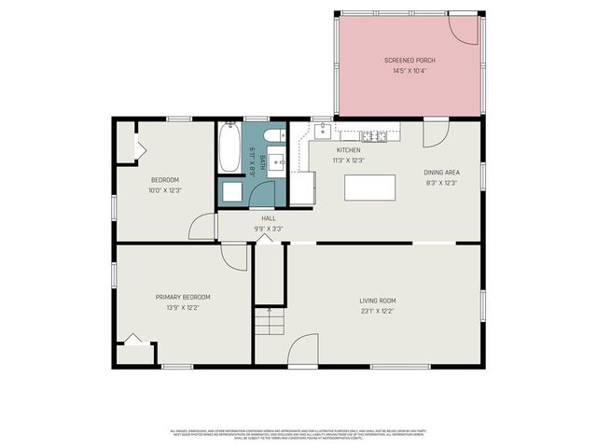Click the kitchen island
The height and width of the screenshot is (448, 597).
[370, 188]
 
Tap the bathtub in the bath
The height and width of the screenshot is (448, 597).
[229, 149]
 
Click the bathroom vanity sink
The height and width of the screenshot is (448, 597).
[276, 161]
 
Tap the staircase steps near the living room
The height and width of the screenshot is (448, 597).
[269, 322]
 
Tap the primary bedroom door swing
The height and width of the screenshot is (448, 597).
[234, 257]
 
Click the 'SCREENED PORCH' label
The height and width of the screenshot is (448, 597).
[410, 61]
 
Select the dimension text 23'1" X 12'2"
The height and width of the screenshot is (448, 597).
[378, 311]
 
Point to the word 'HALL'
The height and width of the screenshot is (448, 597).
[268, 218]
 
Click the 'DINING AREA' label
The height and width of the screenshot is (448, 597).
[442, 173]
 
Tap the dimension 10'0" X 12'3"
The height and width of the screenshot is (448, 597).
[164, 189]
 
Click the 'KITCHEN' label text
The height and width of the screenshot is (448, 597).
[348, 149]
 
